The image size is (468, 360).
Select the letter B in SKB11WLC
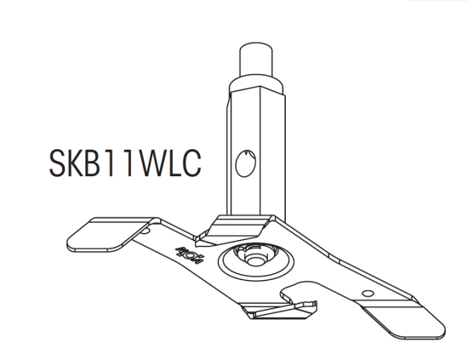click(x=99, y=164)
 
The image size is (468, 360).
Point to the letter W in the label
click(x=151, y=164)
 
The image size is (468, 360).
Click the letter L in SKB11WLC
click(x=174, y=164)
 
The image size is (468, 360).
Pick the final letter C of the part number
click(x=193, y=164)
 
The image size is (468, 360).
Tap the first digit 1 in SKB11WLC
click(x=117, y=164)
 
